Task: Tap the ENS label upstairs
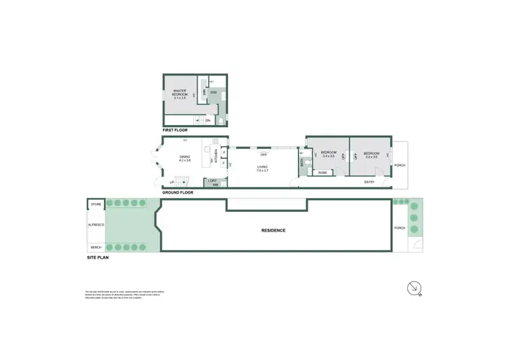(212, 91)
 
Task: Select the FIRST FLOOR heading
(176, 129)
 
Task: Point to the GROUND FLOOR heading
(178, 192)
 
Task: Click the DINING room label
(185, 159)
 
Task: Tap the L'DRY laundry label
(214, 182)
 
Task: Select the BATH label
(301, 162)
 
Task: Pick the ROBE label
(322, 173)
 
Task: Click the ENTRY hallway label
(369, 181)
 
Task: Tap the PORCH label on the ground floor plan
(400, 164)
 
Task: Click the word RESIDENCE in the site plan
(274, 230)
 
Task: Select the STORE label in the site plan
(96, 203)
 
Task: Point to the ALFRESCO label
(96, 224)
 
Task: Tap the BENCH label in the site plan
(96, 247)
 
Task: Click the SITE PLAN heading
(98, 258)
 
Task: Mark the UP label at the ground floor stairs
(172, 182)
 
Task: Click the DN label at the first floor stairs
(208, 120)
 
